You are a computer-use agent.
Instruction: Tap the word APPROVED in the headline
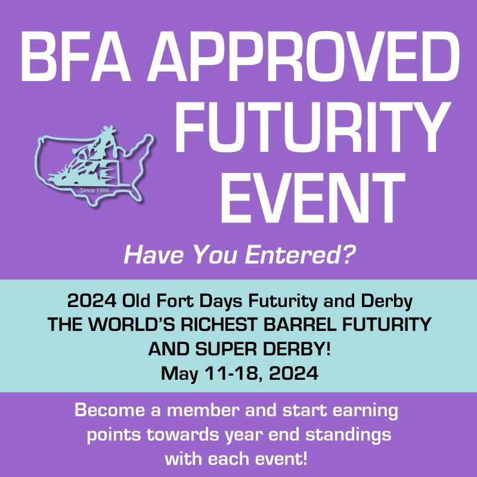tap(298, 55)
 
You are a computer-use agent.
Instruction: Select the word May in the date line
tap(176, 374)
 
